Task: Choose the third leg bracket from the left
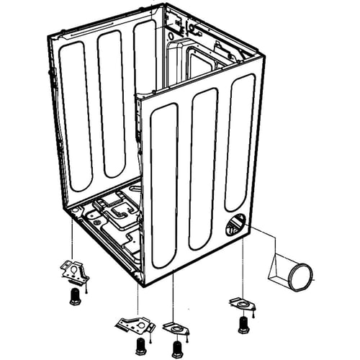(x=175, y=328)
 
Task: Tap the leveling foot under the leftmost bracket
(x=75, y=297)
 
